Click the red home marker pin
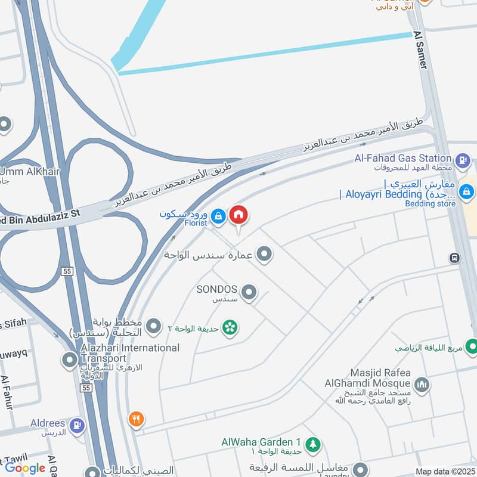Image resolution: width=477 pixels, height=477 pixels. point(238,214)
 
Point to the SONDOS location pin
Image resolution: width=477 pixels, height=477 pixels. point(249,292)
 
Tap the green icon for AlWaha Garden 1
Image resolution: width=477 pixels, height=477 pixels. point(312,444)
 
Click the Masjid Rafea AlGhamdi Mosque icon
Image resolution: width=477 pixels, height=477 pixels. point(422,385)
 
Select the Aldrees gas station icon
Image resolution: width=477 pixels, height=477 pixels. point(77,425)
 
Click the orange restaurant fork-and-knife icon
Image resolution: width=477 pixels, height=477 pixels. point(137,420)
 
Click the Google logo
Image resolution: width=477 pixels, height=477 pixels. point(25,468)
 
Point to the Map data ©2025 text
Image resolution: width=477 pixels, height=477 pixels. point(445,472)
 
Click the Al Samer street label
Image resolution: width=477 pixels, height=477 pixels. point(419,51)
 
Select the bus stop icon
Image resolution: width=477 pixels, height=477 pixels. point(454,258)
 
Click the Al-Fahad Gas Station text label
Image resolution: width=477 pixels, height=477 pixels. point(402,158)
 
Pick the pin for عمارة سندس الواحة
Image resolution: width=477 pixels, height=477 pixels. point(265,255)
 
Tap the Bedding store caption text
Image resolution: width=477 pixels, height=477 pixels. point(430,204)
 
